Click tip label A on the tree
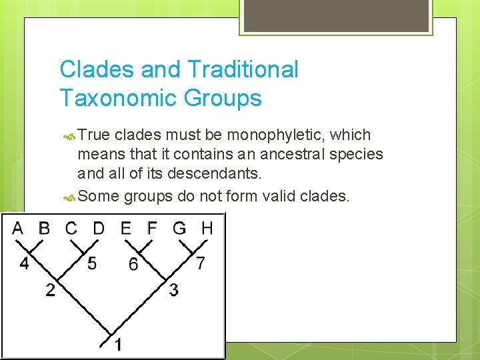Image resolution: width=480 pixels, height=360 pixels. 17,228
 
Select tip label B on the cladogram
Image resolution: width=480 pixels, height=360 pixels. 44,228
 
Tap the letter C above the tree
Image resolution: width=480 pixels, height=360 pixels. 71,228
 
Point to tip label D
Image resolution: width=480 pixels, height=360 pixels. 99,228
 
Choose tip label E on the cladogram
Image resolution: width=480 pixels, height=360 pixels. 126,228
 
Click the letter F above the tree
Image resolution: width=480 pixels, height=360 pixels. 152,228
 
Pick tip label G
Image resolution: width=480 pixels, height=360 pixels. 179,228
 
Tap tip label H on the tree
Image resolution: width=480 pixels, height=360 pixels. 207,228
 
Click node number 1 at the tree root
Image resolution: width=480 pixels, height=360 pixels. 117,345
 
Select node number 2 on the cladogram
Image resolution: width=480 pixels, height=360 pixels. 51,290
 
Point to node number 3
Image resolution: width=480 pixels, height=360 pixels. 173,290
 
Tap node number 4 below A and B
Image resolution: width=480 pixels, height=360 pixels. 24,263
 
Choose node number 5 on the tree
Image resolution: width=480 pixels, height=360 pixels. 92,263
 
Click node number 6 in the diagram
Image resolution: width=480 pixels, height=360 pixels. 133,265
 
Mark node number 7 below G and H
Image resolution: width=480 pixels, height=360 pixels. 201,263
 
